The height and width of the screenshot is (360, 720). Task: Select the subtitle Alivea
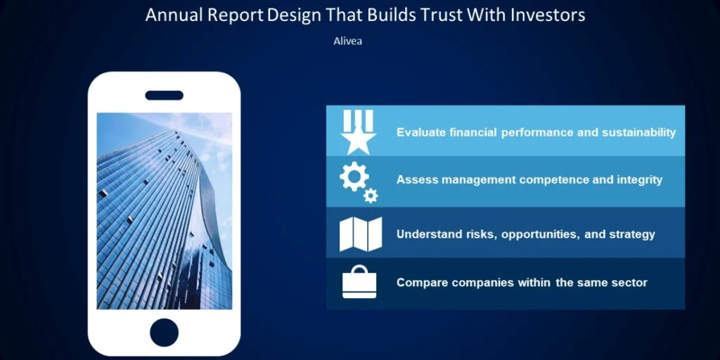[x=347, y=41]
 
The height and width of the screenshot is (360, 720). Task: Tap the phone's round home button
[x=164, y=333]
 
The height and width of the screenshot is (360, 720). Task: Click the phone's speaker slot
[x=164, y=96]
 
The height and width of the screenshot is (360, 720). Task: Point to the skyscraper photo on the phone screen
[x=164, y=211]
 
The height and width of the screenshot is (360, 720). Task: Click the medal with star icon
[x=359, y=132]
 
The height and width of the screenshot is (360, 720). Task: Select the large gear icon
[x=354, y=176]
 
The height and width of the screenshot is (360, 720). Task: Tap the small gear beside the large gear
[x=371, y=195]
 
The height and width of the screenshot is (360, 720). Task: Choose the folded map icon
[x=361, y=234]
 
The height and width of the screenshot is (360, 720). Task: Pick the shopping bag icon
[x=359, y=282]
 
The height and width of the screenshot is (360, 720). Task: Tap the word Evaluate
[x=421, y=133]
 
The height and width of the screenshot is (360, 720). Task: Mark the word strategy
[x=632, y=235]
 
